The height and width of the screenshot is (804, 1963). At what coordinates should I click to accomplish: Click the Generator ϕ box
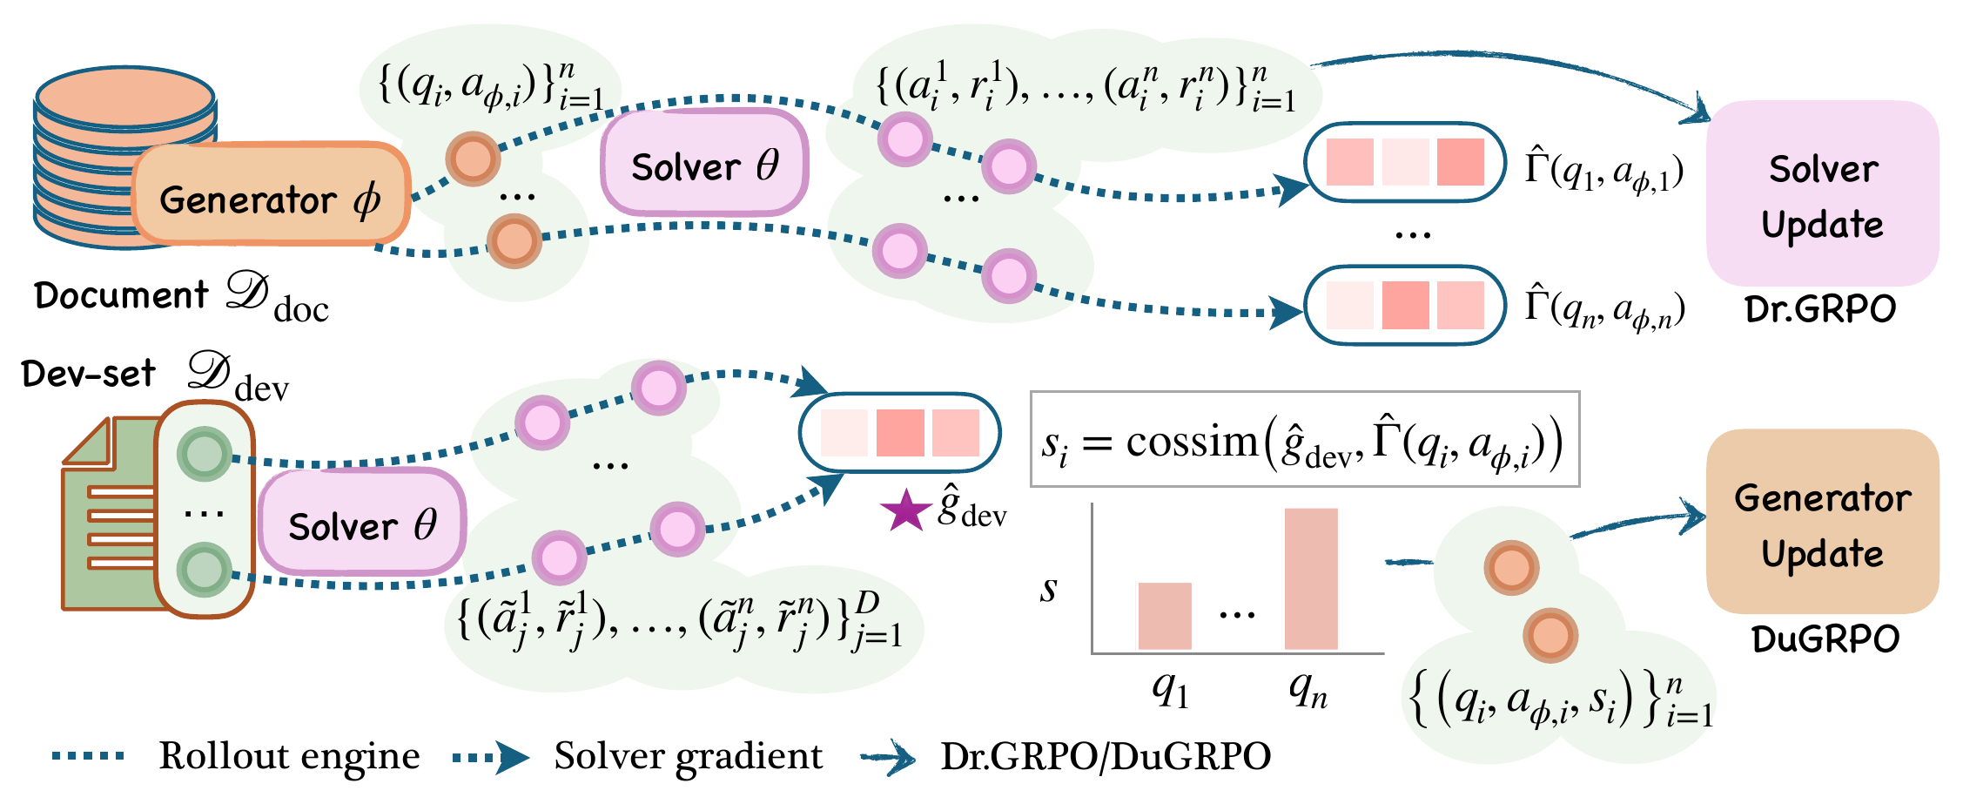[x=271, y=193]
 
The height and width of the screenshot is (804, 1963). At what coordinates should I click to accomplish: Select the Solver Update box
[x=1823, y=194]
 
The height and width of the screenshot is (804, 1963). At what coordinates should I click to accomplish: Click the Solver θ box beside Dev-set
[x=361, y=523]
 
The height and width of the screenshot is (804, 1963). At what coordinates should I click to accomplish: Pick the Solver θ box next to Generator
[x=704, y=162]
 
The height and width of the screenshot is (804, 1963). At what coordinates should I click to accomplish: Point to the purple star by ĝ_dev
[x=906, y=511]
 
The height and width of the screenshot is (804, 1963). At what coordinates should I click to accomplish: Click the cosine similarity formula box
[x=1304, y=439]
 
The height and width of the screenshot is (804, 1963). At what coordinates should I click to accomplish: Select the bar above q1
[x=1164, y=616]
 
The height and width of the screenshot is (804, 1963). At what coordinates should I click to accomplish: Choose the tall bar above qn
[x=1311, y=578]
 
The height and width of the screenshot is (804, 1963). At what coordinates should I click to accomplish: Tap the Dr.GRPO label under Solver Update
[x=1821, y=309]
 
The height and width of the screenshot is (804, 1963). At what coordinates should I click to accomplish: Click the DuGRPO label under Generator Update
[x=1825, y=638]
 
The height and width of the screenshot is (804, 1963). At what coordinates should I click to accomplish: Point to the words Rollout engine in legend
[x=289, y=756]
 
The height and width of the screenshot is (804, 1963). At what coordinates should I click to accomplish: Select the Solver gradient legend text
[x=688, y=756]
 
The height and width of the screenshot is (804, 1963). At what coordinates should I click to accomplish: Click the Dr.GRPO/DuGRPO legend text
[x=1106, y=756]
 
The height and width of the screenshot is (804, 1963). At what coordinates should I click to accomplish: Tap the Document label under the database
[x=121, y=295]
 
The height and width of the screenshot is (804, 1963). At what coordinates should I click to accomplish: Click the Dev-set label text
[x=88, y=374]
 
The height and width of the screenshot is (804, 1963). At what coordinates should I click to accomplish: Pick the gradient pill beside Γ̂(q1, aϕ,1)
[x=1405, y=162]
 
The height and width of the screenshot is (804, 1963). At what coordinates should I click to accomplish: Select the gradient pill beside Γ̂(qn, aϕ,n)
[x=1405, y=305]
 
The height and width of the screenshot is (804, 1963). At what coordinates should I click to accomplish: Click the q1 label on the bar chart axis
[x=1170, y=692]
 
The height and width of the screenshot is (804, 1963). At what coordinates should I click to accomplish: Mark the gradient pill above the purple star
[x=899, y=433]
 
